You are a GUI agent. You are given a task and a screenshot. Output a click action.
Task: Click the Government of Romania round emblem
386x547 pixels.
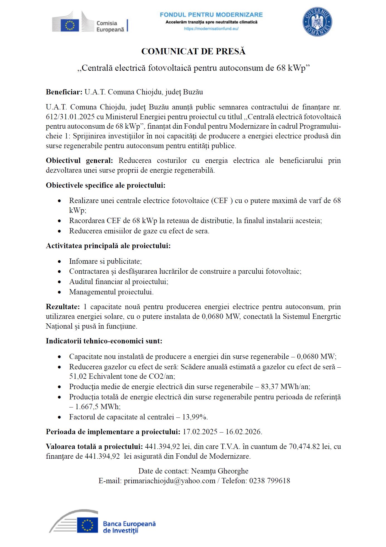point(317,22)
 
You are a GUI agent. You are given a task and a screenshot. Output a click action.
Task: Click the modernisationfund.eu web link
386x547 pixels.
point(211,29)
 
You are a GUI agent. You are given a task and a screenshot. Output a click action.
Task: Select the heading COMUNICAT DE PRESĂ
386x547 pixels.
point(193,52)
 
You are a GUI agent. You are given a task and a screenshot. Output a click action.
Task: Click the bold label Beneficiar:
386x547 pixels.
point(64,92)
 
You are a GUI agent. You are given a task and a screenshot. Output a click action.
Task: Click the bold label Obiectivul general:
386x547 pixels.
point(79,161)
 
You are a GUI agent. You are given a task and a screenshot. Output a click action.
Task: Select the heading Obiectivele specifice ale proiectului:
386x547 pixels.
point(106,185)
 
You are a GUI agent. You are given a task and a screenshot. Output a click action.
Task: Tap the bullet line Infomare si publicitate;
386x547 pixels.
point(105,261)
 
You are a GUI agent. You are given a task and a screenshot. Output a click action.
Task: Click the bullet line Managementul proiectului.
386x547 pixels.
point(111,292)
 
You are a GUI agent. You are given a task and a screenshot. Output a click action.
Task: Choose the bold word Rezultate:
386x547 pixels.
point(63,307)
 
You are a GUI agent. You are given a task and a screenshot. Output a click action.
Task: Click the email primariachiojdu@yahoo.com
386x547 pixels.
point(169,481)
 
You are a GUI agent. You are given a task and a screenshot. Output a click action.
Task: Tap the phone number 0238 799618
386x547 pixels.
point(270,481)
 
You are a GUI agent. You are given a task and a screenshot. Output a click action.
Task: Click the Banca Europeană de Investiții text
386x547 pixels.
point(129,527)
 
